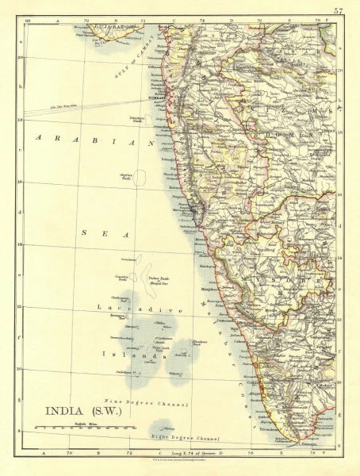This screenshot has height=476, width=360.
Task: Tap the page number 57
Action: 339,10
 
